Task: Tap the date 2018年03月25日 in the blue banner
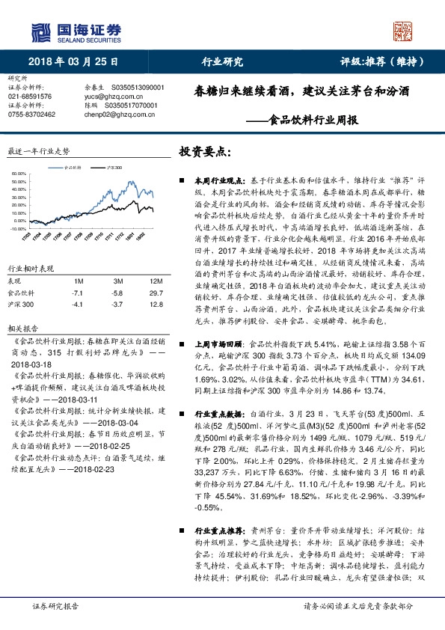(68, 62)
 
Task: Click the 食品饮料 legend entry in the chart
(70, 168)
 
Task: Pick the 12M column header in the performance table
(156, 281)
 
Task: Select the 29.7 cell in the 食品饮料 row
(156, 293)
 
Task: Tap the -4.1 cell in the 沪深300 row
(77, 305)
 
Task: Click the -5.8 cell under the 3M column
(118, 293)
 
